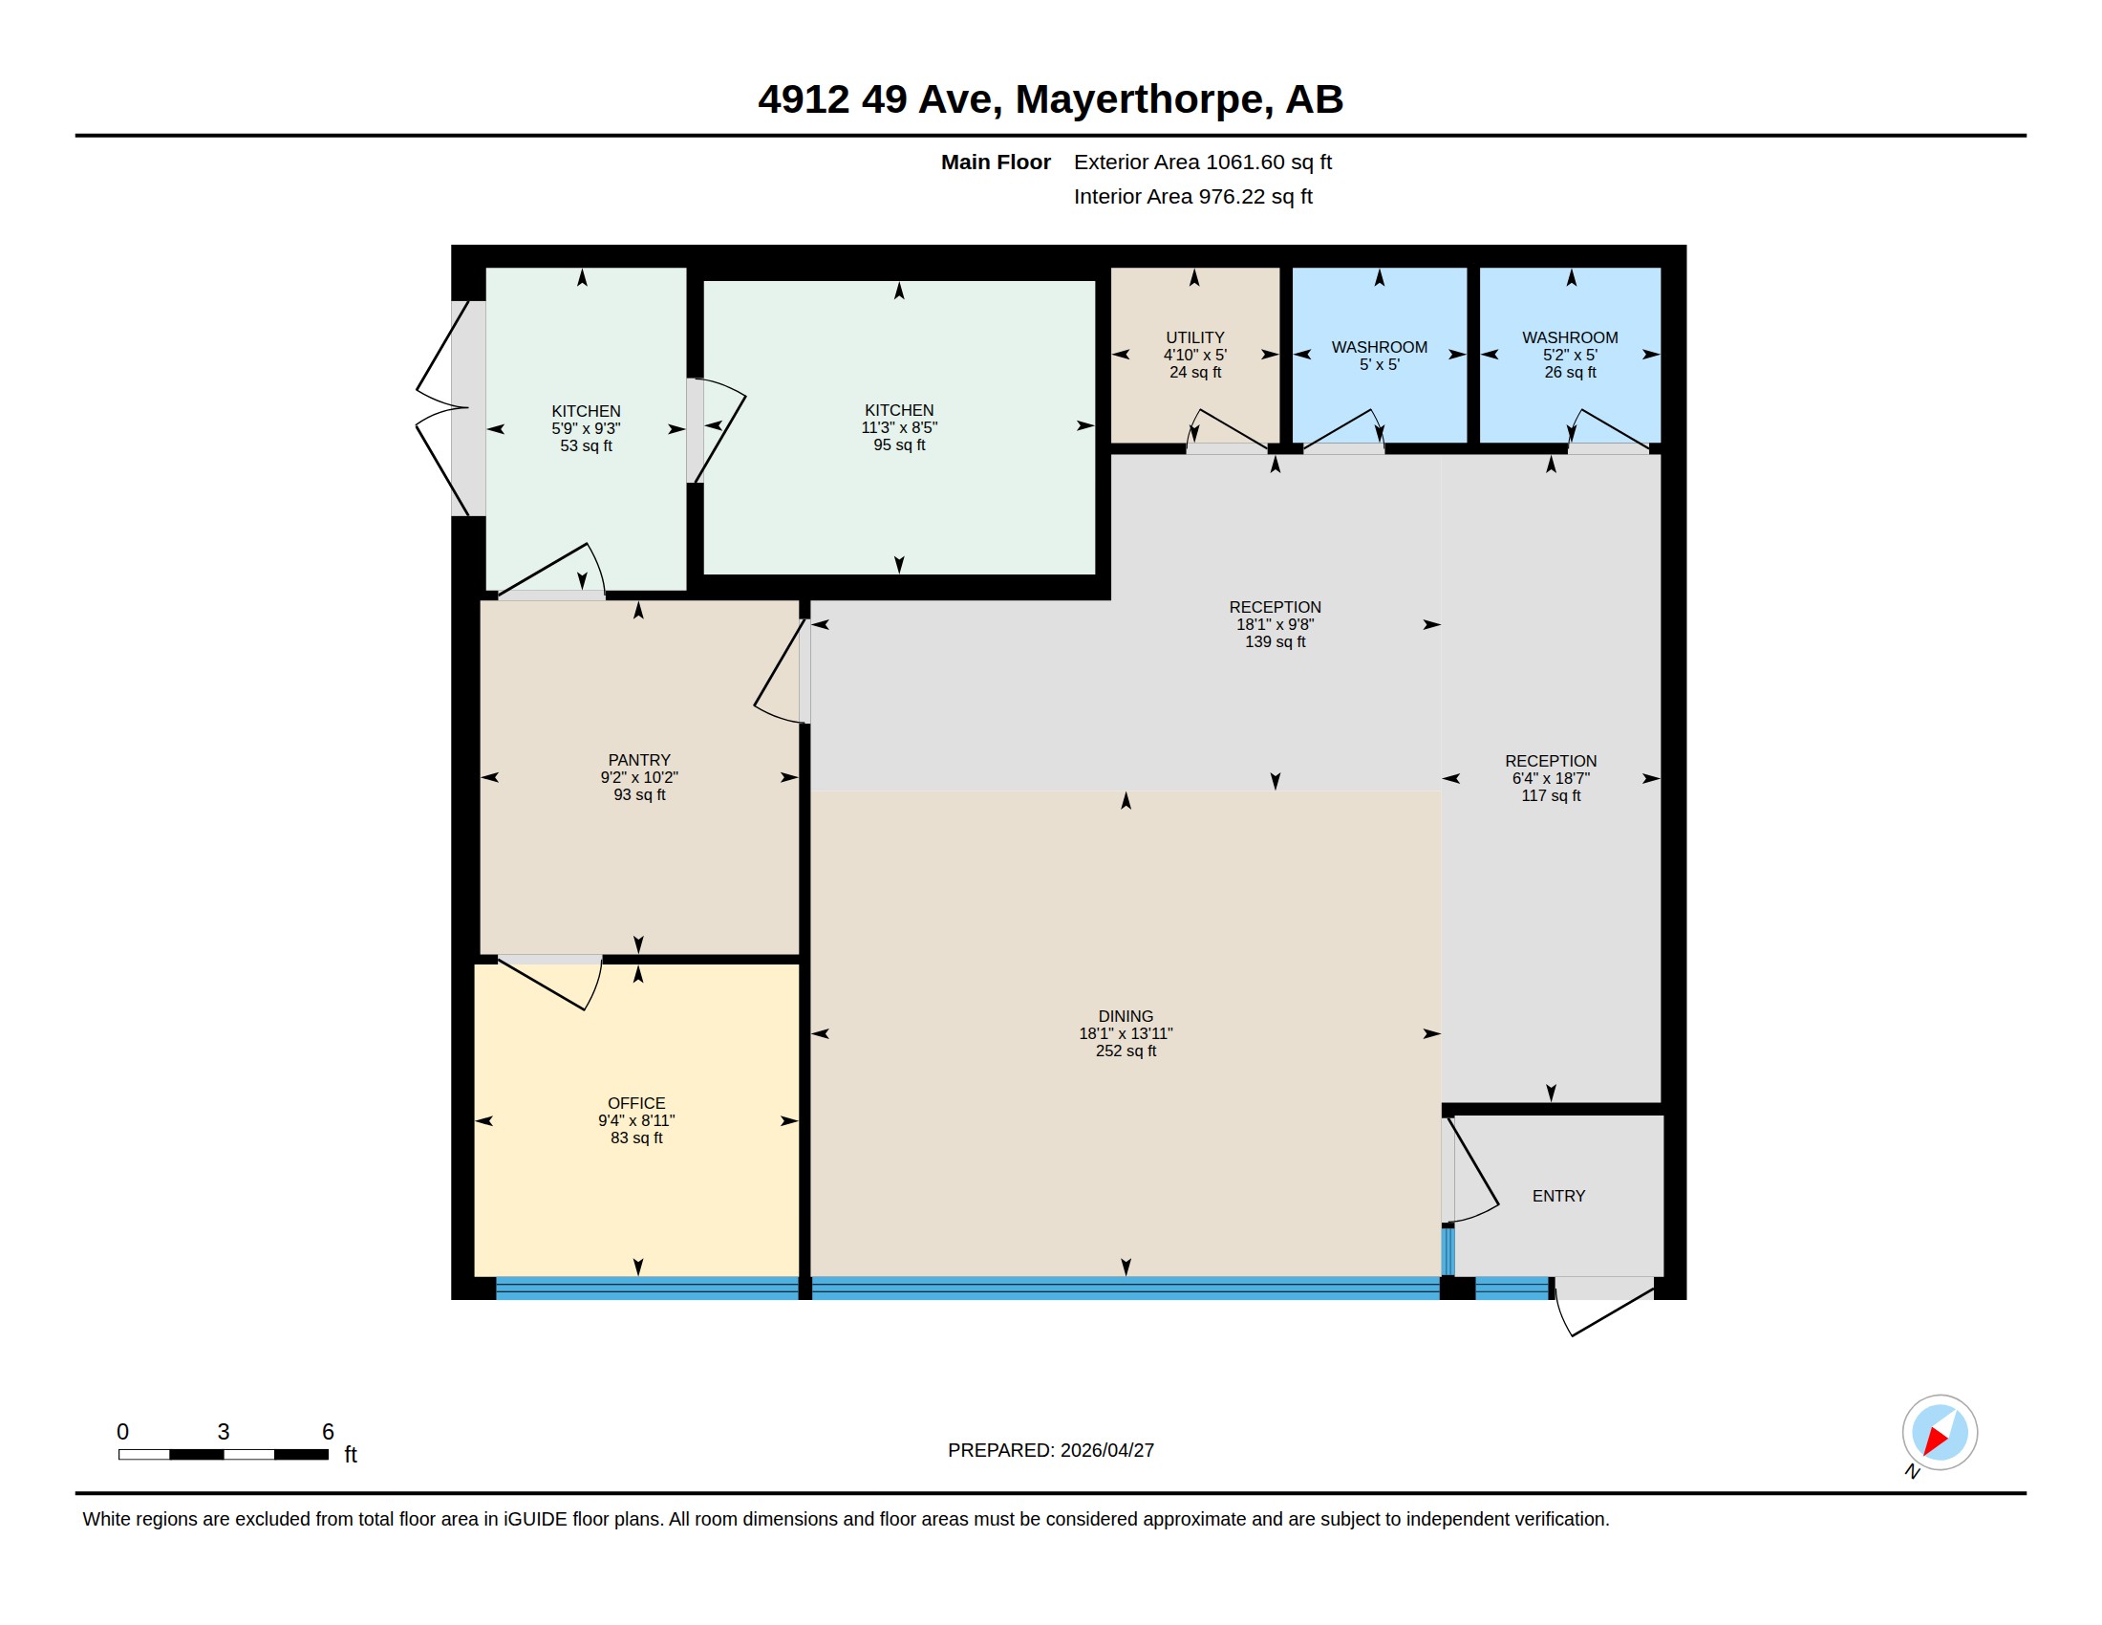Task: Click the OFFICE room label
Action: click(636, 1103)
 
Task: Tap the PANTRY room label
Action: click(639, 760)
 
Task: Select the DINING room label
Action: click(1126, 1015)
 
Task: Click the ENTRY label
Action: click(1558, 1196)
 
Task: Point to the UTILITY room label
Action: click(1194, 336)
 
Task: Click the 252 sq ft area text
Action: click(1126, 1051)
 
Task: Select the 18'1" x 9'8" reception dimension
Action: click(1275, 624)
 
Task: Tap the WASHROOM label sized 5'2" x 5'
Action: click(1569, 336)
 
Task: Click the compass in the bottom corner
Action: click(1939, 1432)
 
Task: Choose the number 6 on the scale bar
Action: click(327, 1432)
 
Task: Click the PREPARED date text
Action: click(1050, 1450)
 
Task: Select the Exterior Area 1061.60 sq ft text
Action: click(1202, 162)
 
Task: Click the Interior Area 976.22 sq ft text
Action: click(1192, 196)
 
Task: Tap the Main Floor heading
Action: click(996, 162)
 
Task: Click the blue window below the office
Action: click(646, 1289)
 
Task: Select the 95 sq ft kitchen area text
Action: click(899, 444)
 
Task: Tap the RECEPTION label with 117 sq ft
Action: click(1551, 761)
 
